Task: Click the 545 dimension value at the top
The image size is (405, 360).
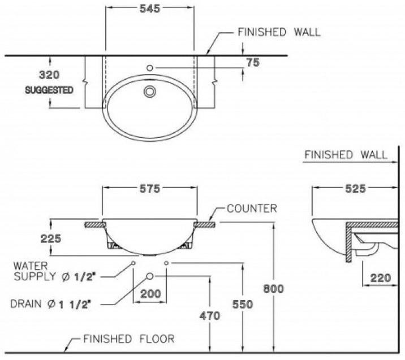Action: click(x=149, y=8)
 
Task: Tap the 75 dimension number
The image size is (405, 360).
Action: click(x=253, y=63)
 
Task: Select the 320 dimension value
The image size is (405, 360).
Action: click(x=49, y=75)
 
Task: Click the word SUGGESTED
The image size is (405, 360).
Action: click(x=49, y=90)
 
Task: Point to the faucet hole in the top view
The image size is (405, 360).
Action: click(x=150, y=68)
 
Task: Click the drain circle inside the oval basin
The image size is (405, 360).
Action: click(x=150, y=92)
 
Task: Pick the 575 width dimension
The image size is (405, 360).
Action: click(x=149, y=188)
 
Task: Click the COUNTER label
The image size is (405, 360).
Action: click(x=252, y=209)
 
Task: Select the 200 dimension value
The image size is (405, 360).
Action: click(x=150, y=294)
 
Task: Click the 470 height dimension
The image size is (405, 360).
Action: click(x=210, y=316)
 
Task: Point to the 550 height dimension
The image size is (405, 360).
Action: click(x=243, y=303)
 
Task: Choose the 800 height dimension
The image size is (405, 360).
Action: click(x=274, y=288)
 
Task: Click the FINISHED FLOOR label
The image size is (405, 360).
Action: click(x=128, y=339)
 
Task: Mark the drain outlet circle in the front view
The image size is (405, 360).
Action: click(x=150, y=275)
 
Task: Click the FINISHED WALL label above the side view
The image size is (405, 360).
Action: click(x=346, y=154)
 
